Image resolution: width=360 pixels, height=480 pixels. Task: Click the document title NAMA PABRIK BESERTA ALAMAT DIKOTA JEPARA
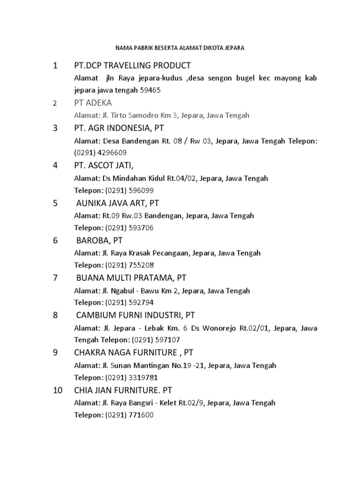click(180, 48)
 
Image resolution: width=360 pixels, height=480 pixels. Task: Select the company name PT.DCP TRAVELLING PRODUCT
click(133, 65)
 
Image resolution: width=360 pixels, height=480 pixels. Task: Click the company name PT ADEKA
click(93, 103)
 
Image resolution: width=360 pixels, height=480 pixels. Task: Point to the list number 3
click(55, 128)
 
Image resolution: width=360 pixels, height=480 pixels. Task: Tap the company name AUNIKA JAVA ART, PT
click(118, 203)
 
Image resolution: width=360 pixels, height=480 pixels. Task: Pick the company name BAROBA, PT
click(99, 240)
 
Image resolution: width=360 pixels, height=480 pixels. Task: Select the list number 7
click(55, 277)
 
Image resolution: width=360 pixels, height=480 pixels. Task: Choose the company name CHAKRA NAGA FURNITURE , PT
click(134, 352)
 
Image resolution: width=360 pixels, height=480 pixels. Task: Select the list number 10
click(58, 390)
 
